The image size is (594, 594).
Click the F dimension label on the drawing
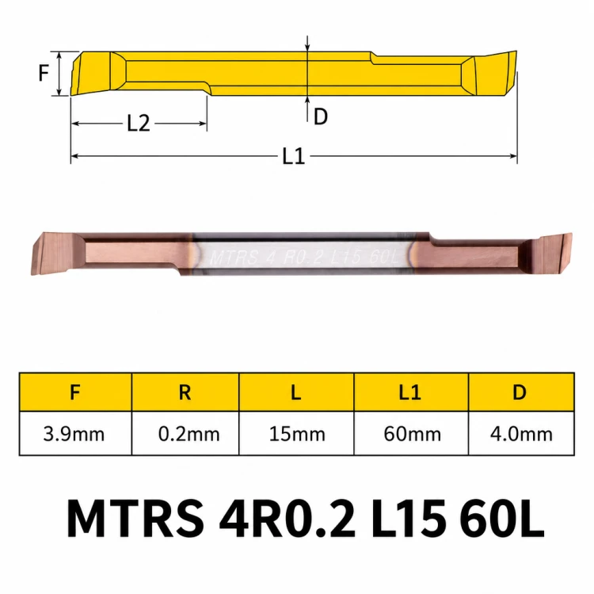44,73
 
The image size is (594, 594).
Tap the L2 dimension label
139,123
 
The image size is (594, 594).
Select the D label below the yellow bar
321,116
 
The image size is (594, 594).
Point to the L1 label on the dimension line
294,156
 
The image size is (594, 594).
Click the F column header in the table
75,392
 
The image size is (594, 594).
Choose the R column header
185,392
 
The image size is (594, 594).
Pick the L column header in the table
296,392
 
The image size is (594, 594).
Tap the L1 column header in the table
410,392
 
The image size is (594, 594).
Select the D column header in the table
520,392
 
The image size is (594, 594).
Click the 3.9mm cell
74,434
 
